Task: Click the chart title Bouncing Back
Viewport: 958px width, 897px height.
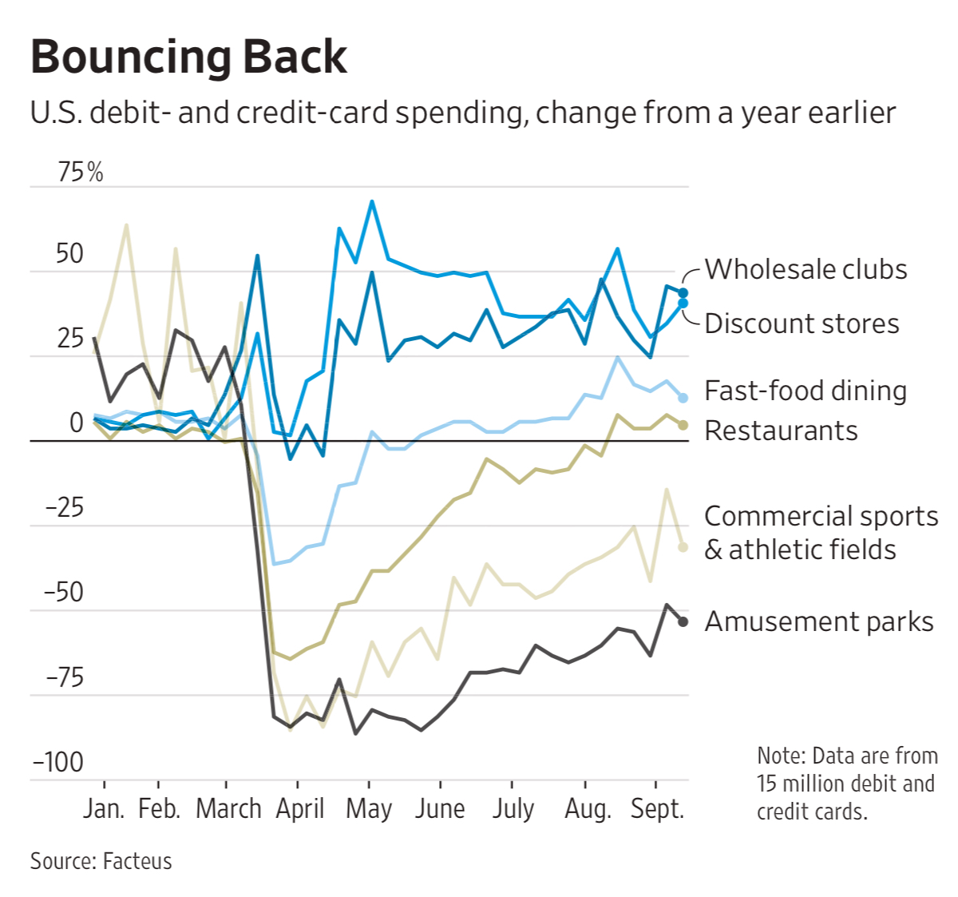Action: point(188,58)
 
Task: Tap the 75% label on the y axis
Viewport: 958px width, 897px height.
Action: point(81,172)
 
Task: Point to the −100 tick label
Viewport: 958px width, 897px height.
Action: point(57,763)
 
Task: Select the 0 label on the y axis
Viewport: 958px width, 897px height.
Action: point(77,423)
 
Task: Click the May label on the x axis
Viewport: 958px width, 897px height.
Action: point(369,809)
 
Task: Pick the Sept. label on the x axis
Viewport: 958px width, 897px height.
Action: point(657,809)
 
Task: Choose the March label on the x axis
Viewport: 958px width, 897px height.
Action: point(228,809)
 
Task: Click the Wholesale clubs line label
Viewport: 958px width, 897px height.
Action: point(806,270)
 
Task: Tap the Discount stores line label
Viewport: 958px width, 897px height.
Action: point(802,323)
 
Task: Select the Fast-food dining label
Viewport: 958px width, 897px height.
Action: point(806,391)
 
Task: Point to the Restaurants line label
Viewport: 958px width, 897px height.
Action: point(781,431)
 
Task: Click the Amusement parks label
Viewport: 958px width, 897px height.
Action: point(819,621)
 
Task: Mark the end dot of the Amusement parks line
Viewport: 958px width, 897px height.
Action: point(683,621)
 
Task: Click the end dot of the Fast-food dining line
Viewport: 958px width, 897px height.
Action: point(683,398)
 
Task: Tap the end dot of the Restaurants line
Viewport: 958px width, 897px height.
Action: point(683,425)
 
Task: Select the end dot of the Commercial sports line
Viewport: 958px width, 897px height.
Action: point(683,547)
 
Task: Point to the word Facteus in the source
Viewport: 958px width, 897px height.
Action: point(137,861)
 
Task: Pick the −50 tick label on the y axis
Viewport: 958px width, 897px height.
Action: point(64,593)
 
